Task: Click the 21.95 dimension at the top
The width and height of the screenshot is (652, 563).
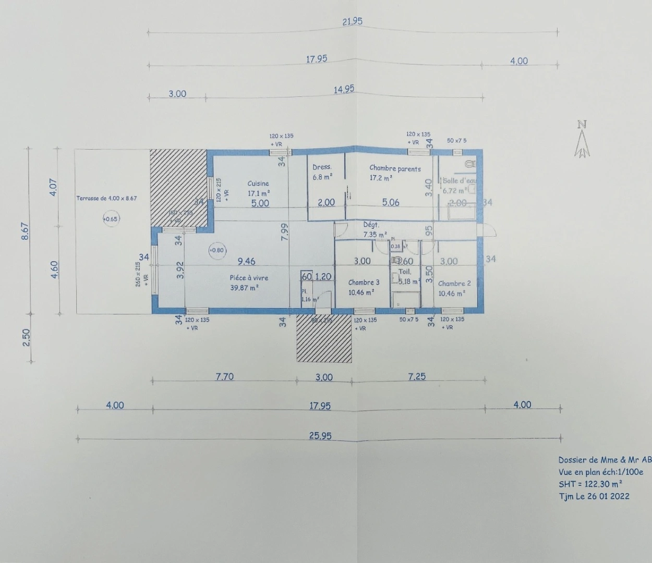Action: click(352, 21)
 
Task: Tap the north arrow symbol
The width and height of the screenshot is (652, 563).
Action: click(582, 140)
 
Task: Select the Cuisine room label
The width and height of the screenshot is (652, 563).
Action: click(258, 183)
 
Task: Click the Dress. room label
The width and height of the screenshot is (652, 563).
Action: click(322, 167)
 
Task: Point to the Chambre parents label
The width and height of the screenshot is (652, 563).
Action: click(395, 168)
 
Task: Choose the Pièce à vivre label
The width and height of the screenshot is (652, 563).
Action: click(249, 278)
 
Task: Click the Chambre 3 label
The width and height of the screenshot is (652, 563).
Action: click(364, 283)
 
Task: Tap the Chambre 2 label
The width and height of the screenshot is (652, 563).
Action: click(454, 284)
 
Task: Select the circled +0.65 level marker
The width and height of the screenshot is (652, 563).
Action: click(111, 219)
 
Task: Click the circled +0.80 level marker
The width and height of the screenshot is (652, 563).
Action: click(216, 250)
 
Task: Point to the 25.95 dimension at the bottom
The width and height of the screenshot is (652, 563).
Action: click(320, 436)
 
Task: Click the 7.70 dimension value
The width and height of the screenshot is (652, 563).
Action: click(224, 376)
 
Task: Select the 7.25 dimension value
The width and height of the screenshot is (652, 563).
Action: click(417, 376)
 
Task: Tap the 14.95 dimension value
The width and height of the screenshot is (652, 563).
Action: click(344, 90)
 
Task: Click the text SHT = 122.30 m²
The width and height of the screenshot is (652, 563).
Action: click(590, 484)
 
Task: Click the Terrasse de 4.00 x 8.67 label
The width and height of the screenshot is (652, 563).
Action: click(106, 199)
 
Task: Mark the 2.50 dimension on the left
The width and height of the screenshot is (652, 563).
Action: click(26, 337)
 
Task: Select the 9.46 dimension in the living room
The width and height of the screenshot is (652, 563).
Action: click(246, 261)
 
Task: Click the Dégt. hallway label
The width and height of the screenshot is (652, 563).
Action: click(371, 225)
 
